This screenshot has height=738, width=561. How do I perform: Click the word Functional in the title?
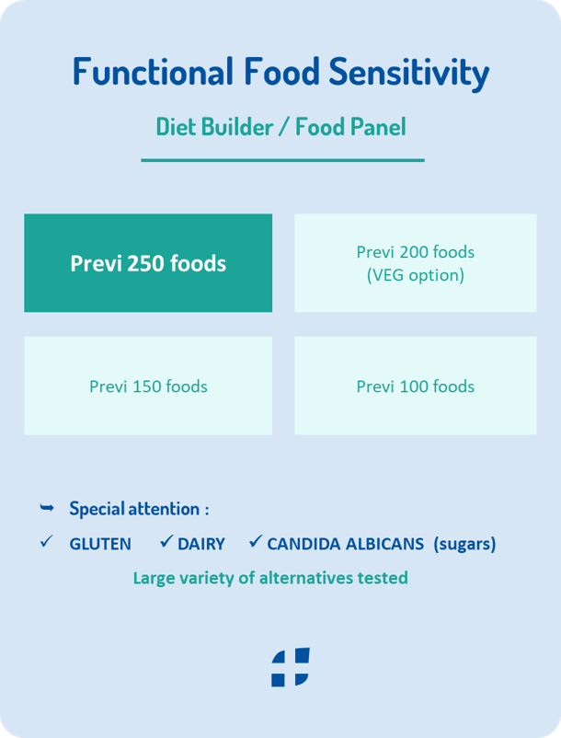pyautogui.click(x=153, y=72)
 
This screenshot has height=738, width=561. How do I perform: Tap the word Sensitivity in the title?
pyautogui.click(x=409, y=73)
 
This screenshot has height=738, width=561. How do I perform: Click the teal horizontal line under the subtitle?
pyautogui.click(x=282, y=160)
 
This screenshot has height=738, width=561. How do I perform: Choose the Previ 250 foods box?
pyautogui.click(x=148, y=262)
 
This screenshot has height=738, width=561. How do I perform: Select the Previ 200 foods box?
pyautogui.click(x=415, y=262)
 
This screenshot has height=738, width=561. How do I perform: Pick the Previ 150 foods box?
pyautogui.click(x=148, y=386)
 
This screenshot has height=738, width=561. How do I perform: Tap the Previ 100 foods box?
pyautogui.click(x=415, y=386)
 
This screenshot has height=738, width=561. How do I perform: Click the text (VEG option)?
pyautogui.click(x=415, y=275)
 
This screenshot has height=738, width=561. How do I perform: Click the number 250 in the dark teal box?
pyautogui.click(x=146, y=263)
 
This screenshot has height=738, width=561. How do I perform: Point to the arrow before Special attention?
pyautogui.click(x=47, y=507)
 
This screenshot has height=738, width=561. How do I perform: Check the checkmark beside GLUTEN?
pyautogui.click(x=47, y=541)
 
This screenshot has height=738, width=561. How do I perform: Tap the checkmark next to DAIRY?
pyautogui.click(x=166, y=541)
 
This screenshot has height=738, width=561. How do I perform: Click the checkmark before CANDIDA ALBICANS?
pyautogui.click(x=256, y=541)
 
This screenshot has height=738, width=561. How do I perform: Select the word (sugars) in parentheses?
pyautogui.click(x=464, y=544)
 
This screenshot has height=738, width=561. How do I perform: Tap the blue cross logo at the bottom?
pyautogui.click(x=290, y=667)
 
